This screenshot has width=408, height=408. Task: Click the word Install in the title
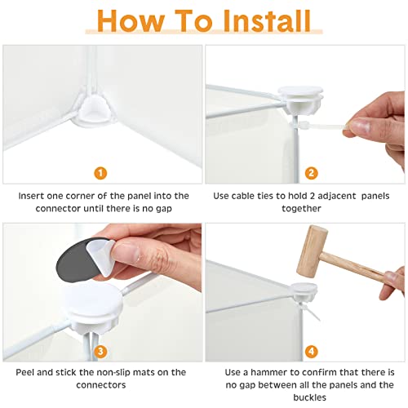coord(267,20)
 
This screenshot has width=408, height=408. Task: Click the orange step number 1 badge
coord(100,173)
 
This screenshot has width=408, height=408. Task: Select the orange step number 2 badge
coord(312,173)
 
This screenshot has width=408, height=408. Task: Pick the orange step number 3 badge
coord(100,351)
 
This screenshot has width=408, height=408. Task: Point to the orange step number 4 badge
coord(312,351)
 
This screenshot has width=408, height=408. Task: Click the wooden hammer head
coord(312,251)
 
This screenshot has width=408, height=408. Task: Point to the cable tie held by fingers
coord(321,126)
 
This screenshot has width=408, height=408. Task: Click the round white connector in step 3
coord(92,306)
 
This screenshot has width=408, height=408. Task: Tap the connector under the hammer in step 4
coord(304,291)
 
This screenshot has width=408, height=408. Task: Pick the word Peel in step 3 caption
coord(25,372)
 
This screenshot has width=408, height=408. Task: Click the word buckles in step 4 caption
coord(309,397)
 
